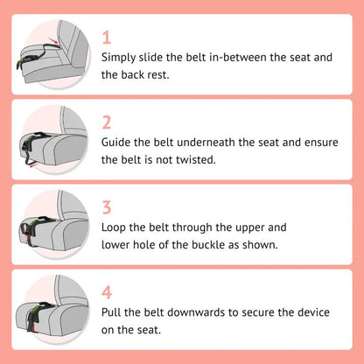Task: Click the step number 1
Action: (107, 38)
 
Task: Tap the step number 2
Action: (107, 122)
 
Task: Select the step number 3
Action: (107, 207)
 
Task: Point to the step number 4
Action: (107, 291)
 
